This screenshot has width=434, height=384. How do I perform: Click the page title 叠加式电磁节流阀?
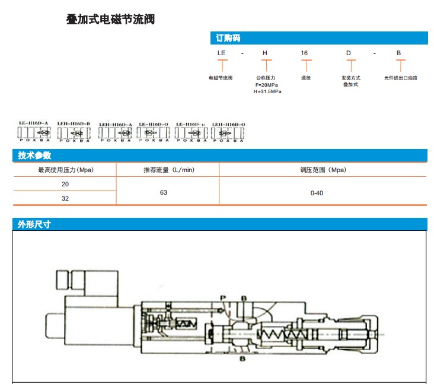pos(110,20)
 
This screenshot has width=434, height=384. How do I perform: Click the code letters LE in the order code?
pos(222,53)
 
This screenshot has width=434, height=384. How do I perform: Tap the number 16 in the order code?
pos(304,53)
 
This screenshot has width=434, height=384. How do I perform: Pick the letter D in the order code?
pos(349,53)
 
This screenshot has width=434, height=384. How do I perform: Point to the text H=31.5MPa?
pos(267,91)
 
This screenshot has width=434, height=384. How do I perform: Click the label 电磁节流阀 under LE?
pos(221,78)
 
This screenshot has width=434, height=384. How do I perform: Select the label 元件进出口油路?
pos(401,78)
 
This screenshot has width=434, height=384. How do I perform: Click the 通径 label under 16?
pos(306,78)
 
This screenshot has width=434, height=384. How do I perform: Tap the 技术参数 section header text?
pos(34,155)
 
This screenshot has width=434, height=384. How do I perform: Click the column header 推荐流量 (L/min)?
pos(168,170)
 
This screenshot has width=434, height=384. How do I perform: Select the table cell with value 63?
pos(164,192)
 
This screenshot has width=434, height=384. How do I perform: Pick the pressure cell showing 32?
pos(65,198)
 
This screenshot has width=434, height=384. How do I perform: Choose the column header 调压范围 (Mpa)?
pos(323,170)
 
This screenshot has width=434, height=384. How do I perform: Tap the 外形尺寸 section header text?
pos(34,224)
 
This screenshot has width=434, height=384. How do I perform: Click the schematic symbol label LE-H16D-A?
pos(33,123)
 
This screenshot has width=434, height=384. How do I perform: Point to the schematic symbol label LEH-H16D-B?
pos(74,123)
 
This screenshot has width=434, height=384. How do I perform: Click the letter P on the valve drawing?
pos(223,296)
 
